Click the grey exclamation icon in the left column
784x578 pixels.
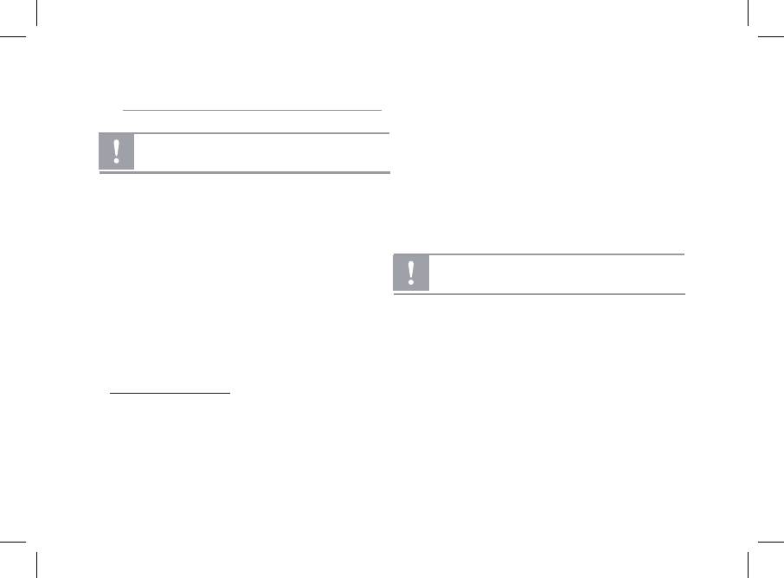tap(117, 152)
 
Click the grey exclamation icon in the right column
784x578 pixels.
tap(411, 273)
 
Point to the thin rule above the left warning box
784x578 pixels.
tap(252, 111)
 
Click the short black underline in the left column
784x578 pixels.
tap(170, 393)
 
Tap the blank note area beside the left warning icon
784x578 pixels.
tap(260, 152)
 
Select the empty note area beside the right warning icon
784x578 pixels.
tap(554, 273)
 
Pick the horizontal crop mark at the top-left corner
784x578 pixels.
tap(13, 37)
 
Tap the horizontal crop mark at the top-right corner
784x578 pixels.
tap(770, 37)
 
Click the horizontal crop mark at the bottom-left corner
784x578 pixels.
tap(13, 541)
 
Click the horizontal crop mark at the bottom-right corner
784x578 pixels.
tap(770, 541)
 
